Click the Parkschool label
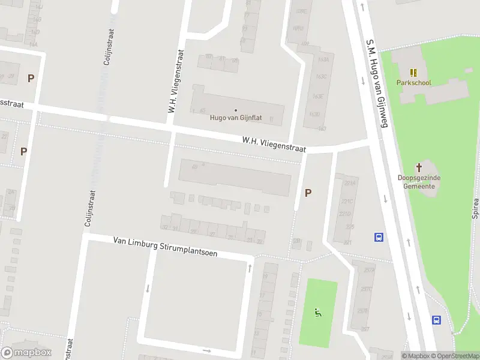[x=413, y=83]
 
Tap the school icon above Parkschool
[x=413, y=73]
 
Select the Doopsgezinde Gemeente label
[x=419, y=182]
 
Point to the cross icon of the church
[x=419, y=168]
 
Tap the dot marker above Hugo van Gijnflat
[x=235, y=110]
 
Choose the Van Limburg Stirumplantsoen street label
[x=165, y=246]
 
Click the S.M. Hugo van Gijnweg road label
[x=377, y=83]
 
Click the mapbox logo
[x=26, y=353]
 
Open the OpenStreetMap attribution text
[x=458, y=356]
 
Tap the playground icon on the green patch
[x=317, y=312]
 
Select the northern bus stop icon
[x=379, y=237]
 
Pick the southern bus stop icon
[x=436, y=320]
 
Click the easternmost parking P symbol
[x=308, y=193]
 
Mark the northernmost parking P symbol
[x=31, y=78]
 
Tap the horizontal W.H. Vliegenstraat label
[x=274, y=145]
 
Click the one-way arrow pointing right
[x=207, y=350]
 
